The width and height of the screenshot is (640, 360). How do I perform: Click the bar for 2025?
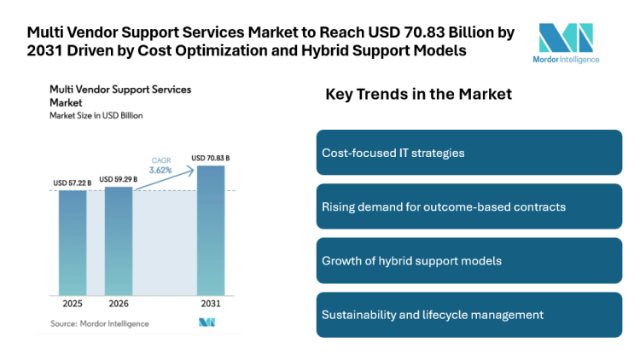pos(73,242)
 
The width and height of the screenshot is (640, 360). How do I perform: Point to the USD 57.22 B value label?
pos(73,183)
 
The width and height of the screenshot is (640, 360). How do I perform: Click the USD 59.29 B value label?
pos(119,179)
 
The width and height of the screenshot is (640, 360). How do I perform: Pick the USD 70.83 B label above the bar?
pos(211,158)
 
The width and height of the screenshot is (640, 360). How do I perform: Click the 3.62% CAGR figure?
pos(161,170)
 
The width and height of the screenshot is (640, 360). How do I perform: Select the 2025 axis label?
pos(73,304)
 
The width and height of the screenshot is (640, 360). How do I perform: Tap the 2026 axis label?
pos(119,304)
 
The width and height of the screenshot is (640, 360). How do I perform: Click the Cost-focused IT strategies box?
pos(468,153)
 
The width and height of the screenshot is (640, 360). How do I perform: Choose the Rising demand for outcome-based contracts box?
pos(468,206)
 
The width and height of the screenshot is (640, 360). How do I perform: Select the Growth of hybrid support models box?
pos(468,260)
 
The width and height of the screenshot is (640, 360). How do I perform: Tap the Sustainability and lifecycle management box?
pos(468,315)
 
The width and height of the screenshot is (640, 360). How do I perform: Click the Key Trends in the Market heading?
pos(418,95)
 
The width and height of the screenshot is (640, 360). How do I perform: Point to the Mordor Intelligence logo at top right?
pos(570,43)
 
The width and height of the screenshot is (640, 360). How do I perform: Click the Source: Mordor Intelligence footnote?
pos(99,323)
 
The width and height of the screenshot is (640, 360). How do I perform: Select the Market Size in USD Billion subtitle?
pos(96,115)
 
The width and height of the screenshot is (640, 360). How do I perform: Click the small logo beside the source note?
pos(207,322)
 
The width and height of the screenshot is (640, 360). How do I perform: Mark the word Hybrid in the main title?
pos(344,50)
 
